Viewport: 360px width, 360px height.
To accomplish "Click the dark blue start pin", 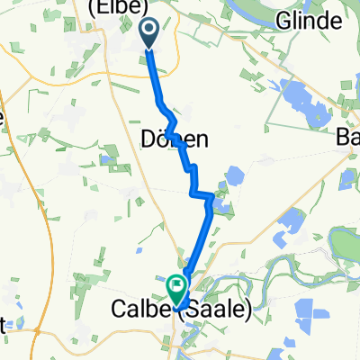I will point(149,32).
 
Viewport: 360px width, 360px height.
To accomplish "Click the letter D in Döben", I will point(149,139).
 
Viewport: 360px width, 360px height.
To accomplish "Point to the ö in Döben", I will point(165,139).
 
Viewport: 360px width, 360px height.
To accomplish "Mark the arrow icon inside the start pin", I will point(149,31).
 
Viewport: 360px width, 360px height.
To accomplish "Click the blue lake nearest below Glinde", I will point(300,95).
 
